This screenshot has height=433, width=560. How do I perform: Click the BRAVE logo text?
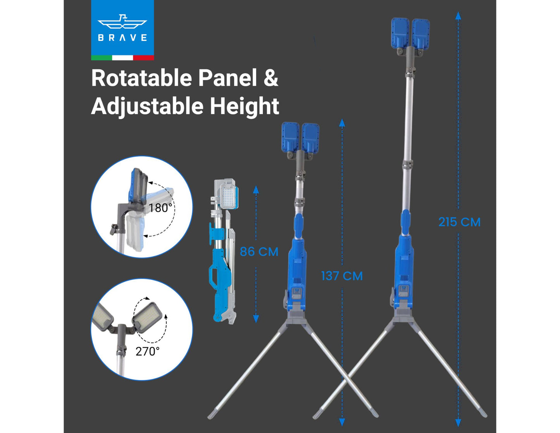[122, 38]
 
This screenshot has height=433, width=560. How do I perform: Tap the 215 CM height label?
[459, 222]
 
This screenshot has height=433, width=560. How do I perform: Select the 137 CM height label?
[342, 276]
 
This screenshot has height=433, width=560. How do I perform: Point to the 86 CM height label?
[259, 252]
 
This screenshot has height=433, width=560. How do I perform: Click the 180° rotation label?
[160, 208]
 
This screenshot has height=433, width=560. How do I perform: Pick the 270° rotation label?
[148, 351]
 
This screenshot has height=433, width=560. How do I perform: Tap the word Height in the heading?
[245, 106]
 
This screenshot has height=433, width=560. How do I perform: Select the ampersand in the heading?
[271, 78]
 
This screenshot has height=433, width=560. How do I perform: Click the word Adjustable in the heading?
[147, 106]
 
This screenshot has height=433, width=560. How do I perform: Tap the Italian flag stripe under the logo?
[122, 58]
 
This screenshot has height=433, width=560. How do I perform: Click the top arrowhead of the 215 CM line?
[458, 16]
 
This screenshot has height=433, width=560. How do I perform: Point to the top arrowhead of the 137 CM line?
[342, 123]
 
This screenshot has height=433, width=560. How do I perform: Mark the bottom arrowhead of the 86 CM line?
[256, 319]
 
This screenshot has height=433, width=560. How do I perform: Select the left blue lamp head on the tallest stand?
[400, 34]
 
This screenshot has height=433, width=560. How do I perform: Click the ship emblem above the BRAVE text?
[122, 22]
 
